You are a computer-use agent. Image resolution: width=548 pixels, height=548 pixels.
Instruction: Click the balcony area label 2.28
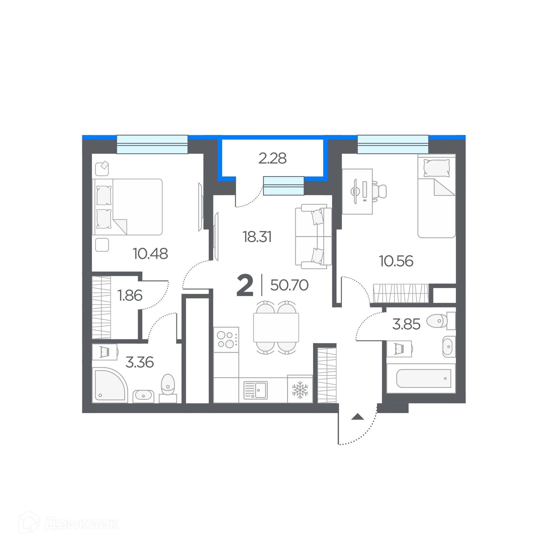point(272,158)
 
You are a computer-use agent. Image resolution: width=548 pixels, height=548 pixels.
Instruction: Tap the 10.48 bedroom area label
point(150,253)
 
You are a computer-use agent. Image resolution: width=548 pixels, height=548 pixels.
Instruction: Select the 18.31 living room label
point(257,237)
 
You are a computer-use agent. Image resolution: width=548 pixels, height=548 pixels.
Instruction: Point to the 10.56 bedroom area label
point(396,261)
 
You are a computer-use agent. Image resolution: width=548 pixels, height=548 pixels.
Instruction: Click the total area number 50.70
point(289,285)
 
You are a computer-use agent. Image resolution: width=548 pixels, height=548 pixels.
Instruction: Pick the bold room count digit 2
point(245,285)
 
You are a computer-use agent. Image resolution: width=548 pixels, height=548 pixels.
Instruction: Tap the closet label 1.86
point(130,295)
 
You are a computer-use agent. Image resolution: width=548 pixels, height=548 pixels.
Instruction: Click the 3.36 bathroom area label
point(140,362)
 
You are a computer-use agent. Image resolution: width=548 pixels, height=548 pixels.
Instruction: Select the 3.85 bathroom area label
point(406,324)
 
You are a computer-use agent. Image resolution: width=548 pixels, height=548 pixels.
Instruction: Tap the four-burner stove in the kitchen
point(226,340)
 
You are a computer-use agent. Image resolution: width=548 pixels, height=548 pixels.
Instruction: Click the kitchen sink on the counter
point(255,390)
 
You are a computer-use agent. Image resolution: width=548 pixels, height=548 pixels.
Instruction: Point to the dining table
point(276,327)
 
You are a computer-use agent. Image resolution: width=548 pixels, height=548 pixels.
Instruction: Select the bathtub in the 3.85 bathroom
point(424,378)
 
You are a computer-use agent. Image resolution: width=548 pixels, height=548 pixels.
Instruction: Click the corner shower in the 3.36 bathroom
point(109,385)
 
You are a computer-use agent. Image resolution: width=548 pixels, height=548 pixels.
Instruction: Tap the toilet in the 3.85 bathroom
point(438,321)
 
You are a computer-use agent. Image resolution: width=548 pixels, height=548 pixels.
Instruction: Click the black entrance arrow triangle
point(358,417)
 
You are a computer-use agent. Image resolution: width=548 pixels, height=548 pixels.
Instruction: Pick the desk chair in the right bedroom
point(379,191)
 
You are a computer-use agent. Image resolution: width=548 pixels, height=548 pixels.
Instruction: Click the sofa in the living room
point(313,236)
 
